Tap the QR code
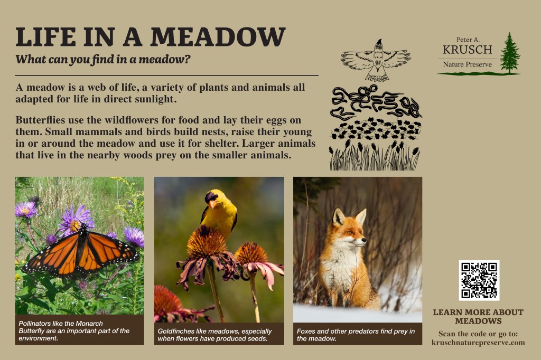point(479,280)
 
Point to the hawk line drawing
point(376,60)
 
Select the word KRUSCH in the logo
point(468,50)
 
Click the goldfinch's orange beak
point(212,204)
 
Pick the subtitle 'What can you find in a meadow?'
point(103,59)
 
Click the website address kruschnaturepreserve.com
point(478,343)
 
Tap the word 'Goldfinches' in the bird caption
point(175,331)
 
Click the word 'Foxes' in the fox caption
point(306,331)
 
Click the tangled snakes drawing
point(376,102)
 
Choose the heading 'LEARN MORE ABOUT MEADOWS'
point(478,317)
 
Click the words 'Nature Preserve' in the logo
point(468,64)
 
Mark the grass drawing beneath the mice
point(375,155)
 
